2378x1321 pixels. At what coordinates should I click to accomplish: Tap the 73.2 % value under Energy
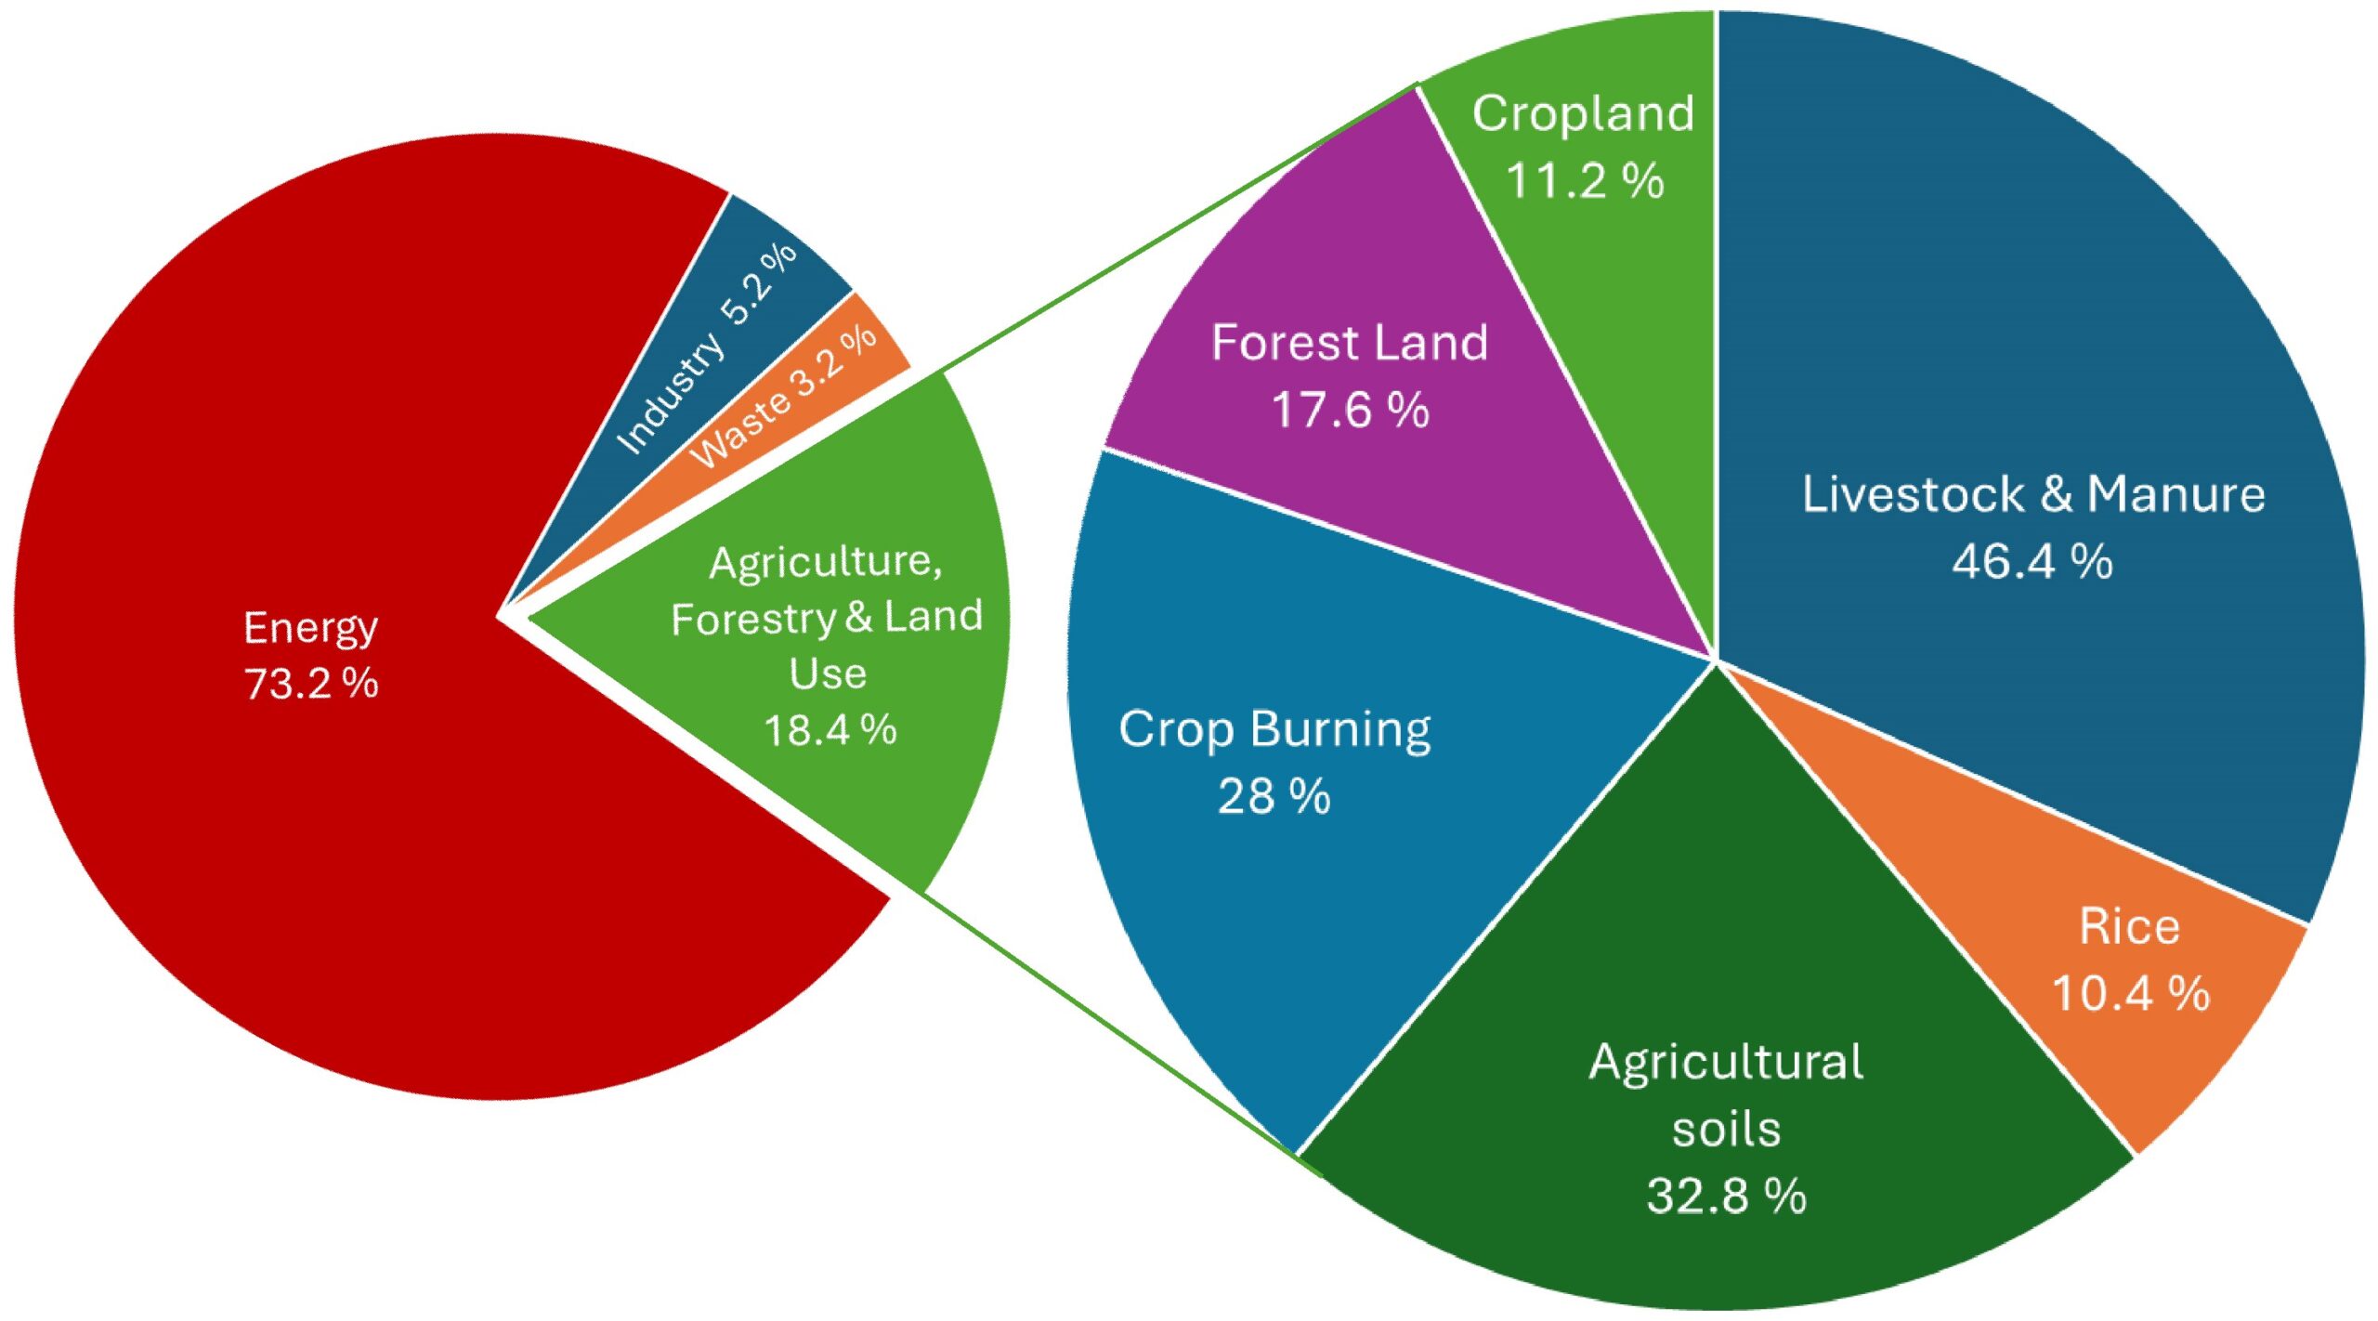[x=311, y=684]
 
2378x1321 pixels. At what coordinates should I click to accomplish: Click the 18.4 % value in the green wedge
[x=830, y=730]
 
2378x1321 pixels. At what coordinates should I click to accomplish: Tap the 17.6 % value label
[x=1350, y=410]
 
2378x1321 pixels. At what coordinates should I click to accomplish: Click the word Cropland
[x=1583, y=113]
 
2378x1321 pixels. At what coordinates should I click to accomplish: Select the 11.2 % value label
[x=1585, y=180]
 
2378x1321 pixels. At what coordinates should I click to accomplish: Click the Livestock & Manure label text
[x=2033, y=493]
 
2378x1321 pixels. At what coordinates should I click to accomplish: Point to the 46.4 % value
[x=2032, y=561]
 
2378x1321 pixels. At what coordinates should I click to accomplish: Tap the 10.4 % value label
[x=2130, y=993]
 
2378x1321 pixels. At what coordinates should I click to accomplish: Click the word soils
[x=1726, y=1129]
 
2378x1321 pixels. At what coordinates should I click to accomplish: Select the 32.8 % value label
[x=1726, y=1196]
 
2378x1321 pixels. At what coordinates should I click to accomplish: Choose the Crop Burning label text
[x=1274, y=729]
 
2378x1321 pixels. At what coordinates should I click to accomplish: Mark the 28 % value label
[x=1274, y=797]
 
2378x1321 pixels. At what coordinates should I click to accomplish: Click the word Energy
[x=310, y=628]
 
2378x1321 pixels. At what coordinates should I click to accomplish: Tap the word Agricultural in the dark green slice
[x=1726, y=1062]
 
